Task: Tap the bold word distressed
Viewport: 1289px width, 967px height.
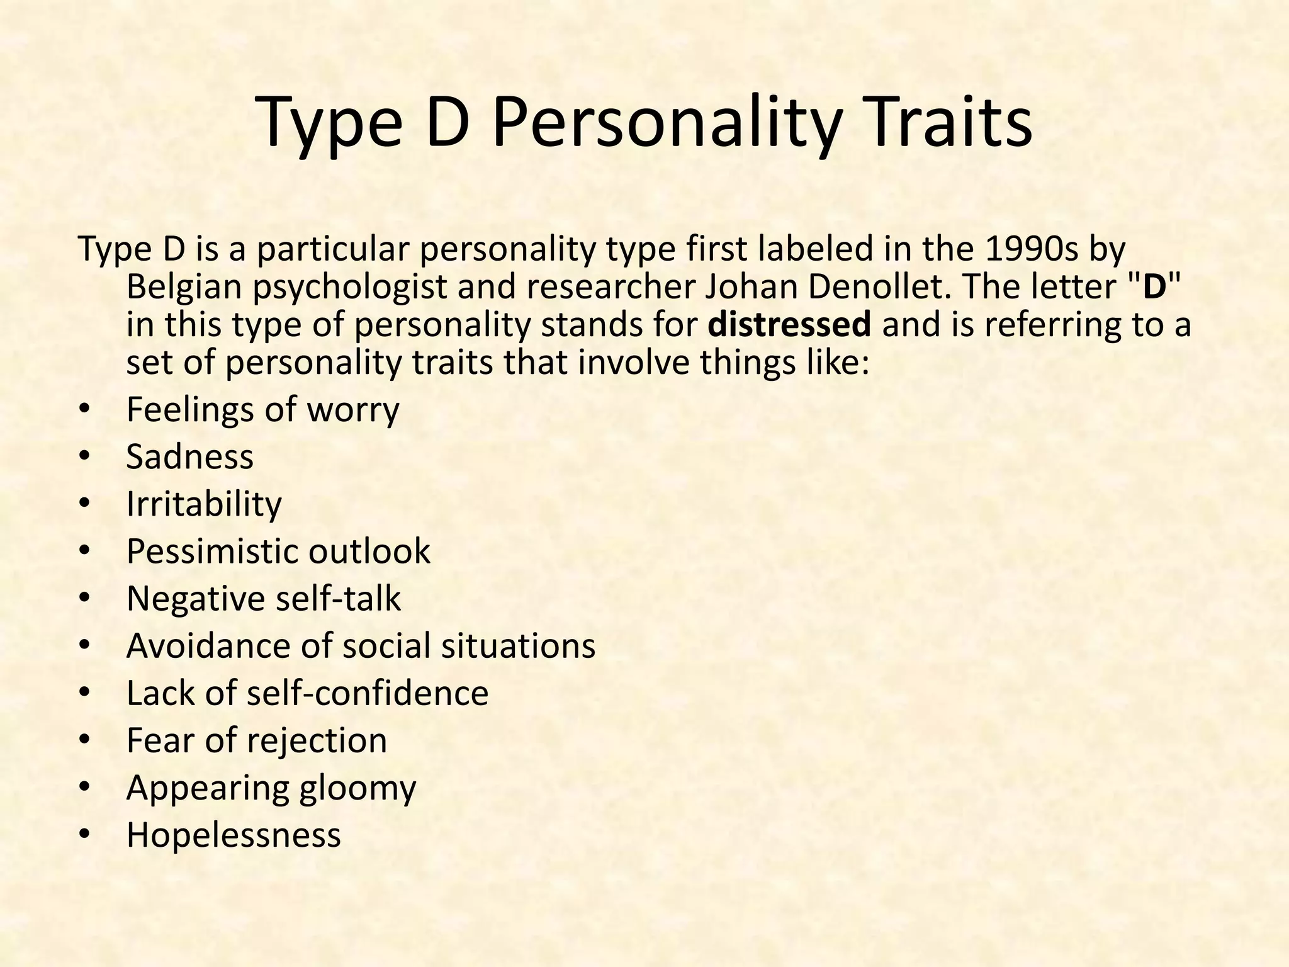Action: (x=789, y=325)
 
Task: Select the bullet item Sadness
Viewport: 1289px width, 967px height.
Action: (x=189, y=456)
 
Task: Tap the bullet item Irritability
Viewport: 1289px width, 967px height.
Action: (x=204, y=504)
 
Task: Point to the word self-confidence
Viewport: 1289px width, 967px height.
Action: (x=368, y=693)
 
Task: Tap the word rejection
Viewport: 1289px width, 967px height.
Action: (x=317, y=740)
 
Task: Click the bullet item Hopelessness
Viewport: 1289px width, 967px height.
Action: (x=234, y=835)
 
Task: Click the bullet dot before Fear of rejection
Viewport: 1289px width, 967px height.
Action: (x=86, y=740)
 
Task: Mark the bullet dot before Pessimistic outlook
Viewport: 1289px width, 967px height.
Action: (x=86, y=551)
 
